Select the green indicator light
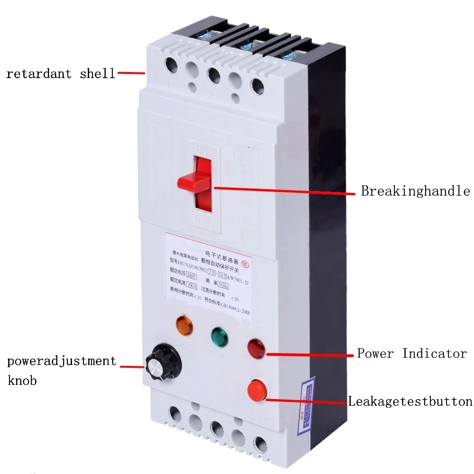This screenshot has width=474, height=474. [x=218, y=336]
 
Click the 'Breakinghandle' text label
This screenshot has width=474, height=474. [x=415, y=191]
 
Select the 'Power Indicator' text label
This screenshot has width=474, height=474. [x=411, y=354]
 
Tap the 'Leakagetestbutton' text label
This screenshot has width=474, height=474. [x=410, y=401]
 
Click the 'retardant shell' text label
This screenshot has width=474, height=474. [x=60, y=73]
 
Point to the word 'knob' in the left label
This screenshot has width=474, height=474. [x=22, y=380]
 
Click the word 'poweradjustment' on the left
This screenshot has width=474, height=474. [x=62, y=361]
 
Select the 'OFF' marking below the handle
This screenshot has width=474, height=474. [x=203, y=219]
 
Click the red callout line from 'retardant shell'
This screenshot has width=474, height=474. [x=131, y=73]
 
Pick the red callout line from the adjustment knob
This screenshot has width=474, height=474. [x=132, y=366]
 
